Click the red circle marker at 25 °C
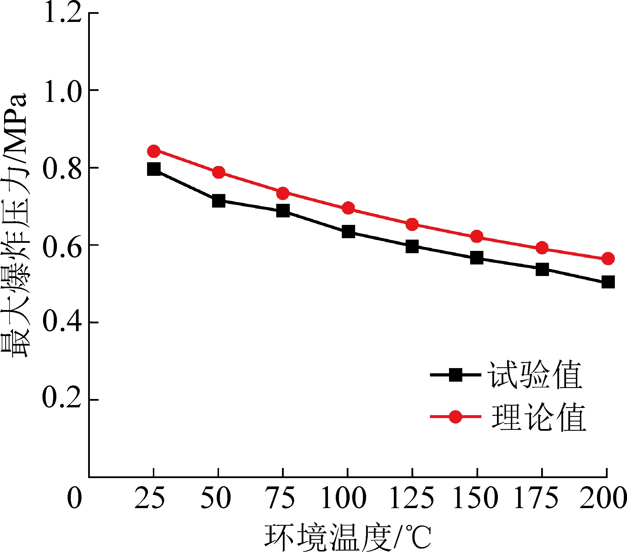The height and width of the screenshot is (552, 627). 154,151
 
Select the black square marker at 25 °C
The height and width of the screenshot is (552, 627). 154,169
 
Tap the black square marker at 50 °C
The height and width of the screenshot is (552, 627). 218,201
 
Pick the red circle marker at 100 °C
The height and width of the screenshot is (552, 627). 348,208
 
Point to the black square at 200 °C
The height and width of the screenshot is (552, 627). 608,282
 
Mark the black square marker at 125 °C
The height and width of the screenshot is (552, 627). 412,247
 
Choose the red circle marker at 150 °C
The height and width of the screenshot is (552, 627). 477,236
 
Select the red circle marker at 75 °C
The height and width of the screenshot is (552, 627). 283,193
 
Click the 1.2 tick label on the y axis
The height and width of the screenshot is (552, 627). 63,13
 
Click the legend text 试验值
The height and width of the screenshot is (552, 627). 535,374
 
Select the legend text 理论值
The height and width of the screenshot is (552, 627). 539,417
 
